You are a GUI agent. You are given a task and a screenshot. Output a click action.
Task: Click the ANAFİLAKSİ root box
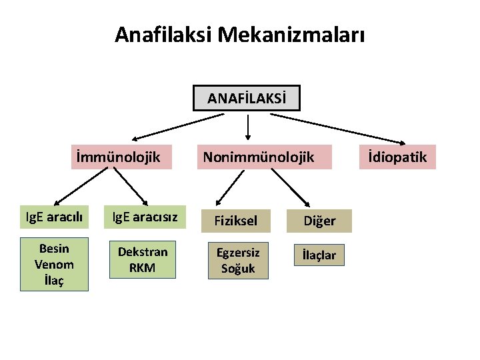[247, 99]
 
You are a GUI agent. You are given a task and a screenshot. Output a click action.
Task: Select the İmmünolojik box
[119, 157]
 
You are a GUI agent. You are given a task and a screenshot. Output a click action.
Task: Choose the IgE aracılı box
[55, 218]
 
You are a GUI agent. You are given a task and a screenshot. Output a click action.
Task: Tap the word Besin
[54, 249]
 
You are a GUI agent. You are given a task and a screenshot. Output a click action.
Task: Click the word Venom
[54, 265]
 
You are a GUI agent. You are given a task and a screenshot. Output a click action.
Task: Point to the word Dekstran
[143, 252]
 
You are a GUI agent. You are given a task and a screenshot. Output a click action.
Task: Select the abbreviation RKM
[143, 267]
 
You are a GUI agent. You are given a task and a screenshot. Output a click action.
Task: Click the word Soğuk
[237, 269]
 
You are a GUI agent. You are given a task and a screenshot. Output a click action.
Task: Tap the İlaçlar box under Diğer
[319, 255]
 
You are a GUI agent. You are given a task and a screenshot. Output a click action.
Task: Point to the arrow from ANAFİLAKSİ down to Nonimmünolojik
[249, 127]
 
